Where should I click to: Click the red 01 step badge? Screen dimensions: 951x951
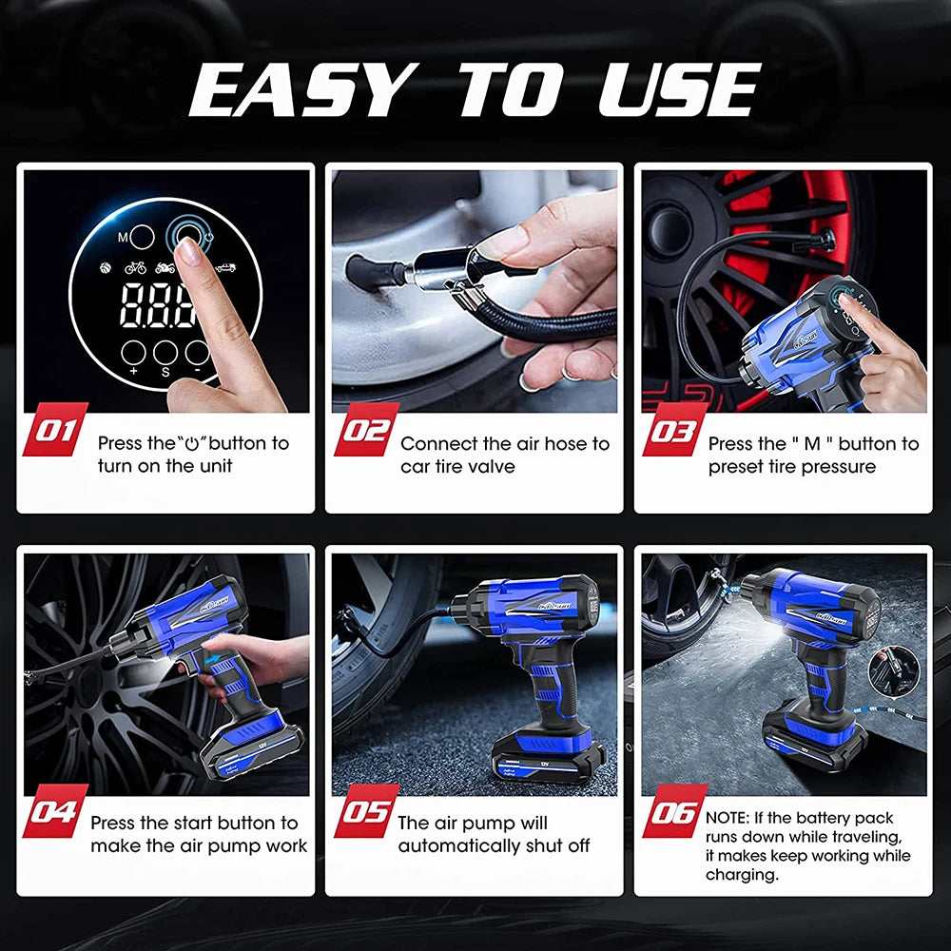point(55,430)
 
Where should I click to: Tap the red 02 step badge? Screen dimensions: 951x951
point(367,430)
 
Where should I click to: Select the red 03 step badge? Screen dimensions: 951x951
point(675,430)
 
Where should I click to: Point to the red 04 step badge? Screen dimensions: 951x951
point(55,811)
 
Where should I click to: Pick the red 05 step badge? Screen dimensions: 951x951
point(367,811)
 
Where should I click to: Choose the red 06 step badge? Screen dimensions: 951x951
point(675,811)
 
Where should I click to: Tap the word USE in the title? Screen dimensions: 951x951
point(680,89)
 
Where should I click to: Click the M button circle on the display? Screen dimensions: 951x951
point(142,237)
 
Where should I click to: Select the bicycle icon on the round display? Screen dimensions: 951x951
point(135,267)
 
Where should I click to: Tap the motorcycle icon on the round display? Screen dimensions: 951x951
point(165,267)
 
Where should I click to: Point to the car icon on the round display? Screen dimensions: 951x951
point(225,267)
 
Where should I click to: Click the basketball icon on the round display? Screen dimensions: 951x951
point(106,267)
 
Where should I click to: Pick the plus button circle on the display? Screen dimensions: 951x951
point(133,353)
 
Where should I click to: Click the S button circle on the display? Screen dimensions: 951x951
point(165,353)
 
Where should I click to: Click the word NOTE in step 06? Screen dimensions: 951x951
point(728,818)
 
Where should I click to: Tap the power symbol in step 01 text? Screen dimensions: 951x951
point(192,444)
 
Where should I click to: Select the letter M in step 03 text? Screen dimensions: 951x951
point(812,444)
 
